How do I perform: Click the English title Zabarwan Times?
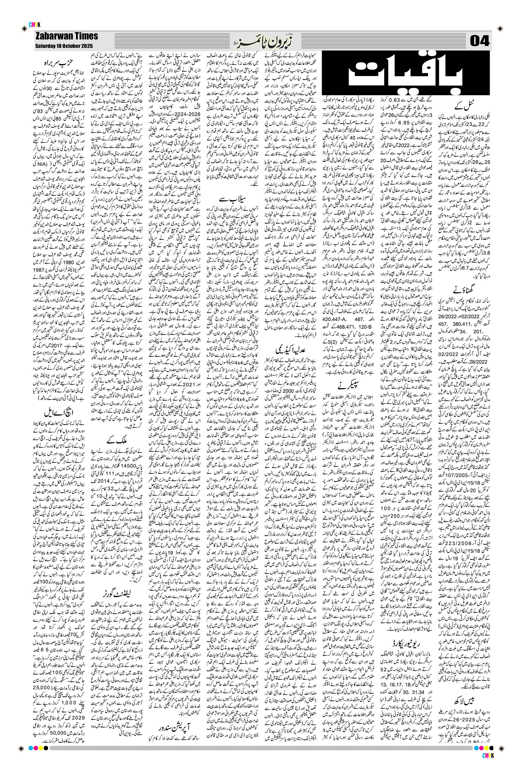[67, 36]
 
